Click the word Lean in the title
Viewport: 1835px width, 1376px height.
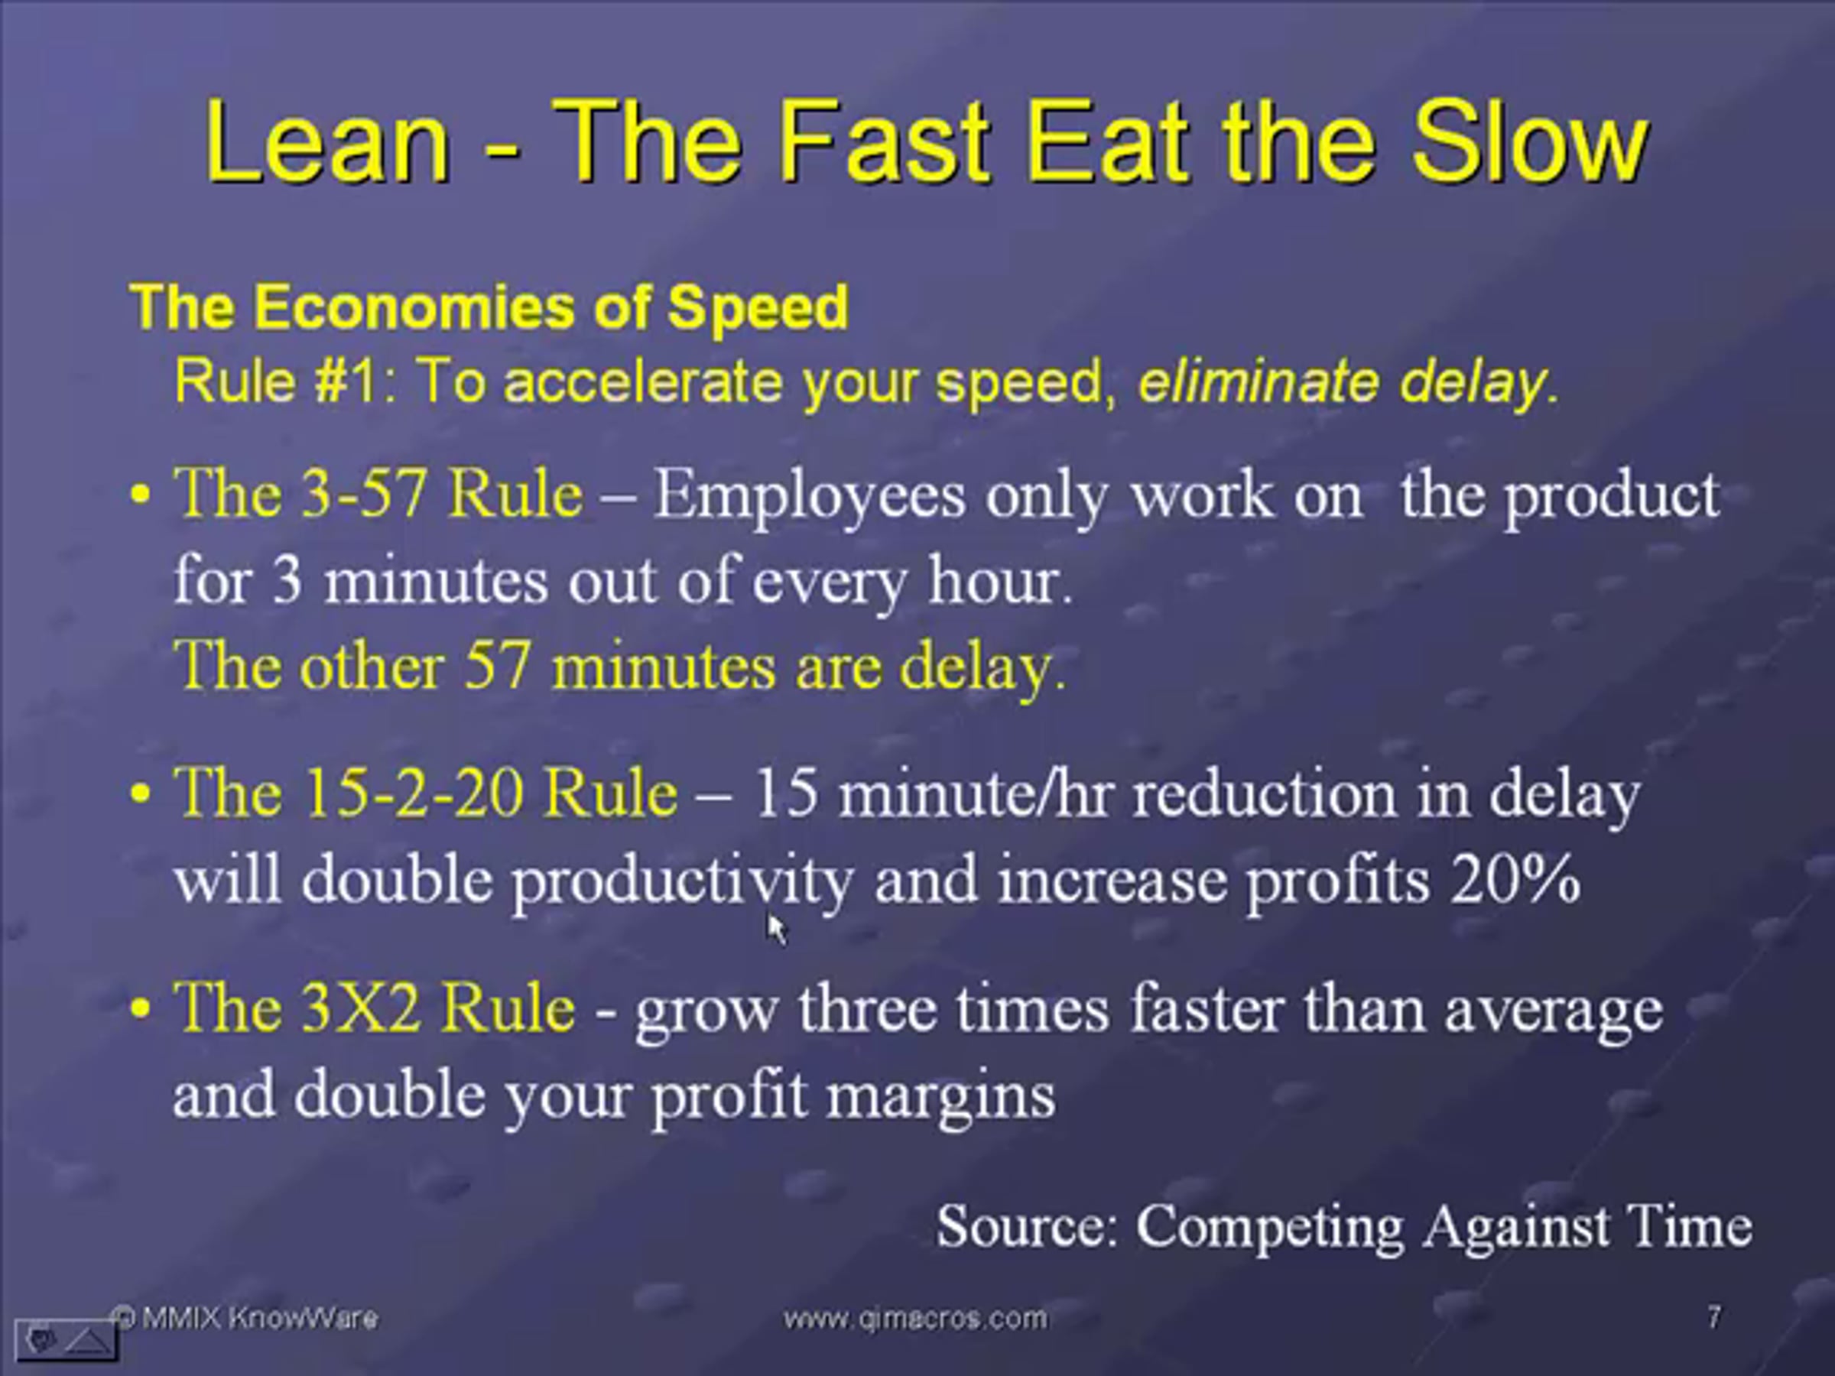coord(326,142)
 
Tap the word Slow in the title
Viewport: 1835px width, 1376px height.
coord(1528,142)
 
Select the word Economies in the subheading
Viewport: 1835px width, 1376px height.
coord(413,307)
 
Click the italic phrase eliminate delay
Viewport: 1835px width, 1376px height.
coord(1347,382)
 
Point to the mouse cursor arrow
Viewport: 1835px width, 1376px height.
coord(775,928)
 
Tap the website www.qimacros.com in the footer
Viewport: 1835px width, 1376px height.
coord(916,1318)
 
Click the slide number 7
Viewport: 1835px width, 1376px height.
coord(1714,1316)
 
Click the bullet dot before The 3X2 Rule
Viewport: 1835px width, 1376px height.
coord(141,1008)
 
